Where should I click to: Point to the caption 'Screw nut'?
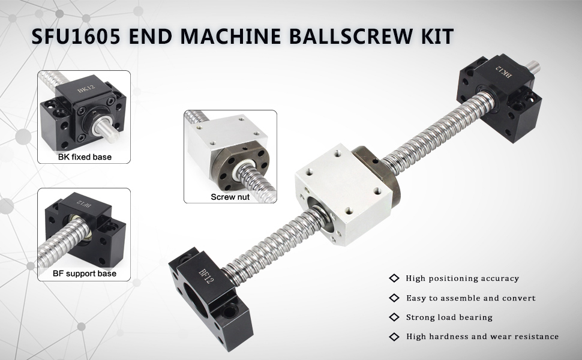point(230,197)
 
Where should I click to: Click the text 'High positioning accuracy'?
point(462,278)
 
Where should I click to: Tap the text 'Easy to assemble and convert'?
point(470,298)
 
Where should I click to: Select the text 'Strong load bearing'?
point(449,317)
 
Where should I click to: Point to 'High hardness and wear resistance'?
point(482,337)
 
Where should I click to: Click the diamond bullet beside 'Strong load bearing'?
point(394,317)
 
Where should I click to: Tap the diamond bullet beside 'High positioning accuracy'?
point(394,278)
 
